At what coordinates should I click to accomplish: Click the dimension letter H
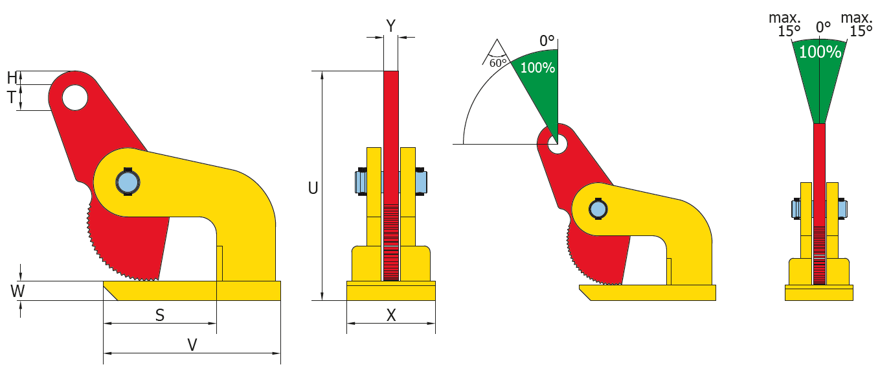12,78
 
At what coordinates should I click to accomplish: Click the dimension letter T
12,98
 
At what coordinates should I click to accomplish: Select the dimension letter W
17,291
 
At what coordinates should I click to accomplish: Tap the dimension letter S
159,315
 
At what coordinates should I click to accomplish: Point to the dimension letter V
192,345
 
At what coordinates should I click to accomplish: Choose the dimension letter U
313,188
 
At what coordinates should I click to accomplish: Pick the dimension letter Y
390,26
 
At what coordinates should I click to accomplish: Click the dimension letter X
391,315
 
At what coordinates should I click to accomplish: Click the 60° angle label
497,63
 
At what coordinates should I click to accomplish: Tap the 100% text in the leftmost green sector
537,67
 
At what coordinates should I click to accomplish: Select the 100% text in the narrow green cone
819,53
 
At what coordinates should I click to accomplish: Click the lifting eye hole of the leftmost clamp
75,98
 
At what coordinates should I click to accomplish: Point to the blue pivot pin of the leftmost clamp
128,182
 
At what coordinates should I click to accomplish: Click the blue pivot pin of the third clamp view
598,209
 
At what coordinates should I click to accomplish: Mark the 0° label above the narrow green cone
823,27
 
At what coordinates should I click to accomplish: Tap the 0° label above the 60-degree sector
548,41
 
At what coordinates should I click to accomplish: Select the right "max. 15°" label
857,25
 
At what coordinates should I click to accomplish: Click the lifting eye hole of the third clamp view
556,143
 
